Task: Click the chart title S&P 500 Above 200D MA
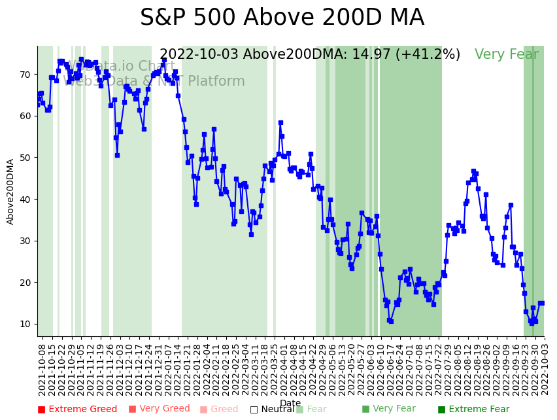282,18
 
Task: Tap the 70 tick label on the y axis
25,75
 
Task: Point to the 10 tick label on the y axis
25,324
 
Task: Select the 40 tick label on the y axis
25,200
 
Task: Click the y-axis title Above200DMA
10,191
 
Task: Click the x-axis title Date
290,404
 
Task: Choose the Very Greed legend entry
160,410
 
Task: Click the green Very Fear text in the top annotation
507,55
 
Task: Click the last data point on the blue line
541,303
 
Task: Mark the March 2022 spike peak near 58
280,122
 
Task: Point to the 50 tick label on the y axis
25,158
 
